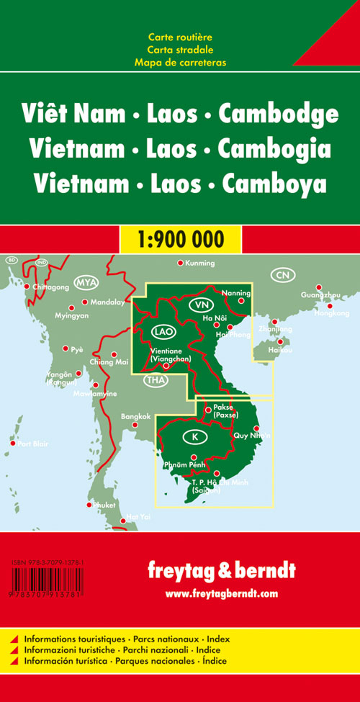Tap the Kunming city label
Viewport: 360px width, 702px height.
click(199, 263)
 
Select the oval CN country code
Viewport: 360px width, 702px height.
click(282, 275)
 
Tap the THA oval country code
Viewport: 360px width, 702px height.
click(155, 380)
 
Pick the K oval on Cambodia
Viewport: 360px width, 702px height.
click(193, 436)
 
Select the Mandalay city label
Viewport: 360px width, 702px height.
click(106, 302)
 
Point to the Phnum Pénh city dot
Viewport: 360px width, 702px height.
click(193, 457)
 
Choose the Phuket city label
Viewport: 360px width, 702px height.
click(104, 505)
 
